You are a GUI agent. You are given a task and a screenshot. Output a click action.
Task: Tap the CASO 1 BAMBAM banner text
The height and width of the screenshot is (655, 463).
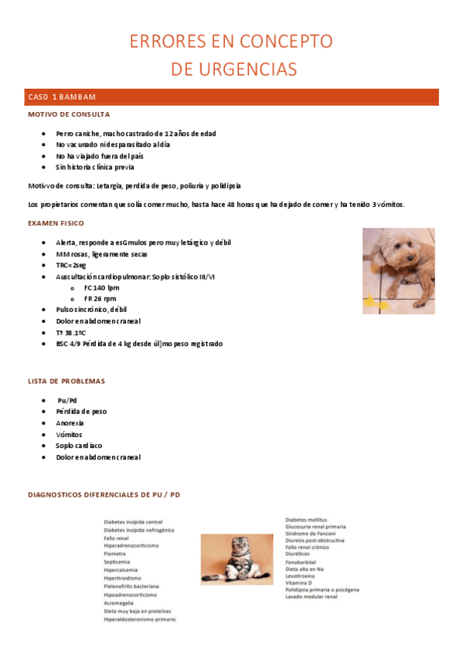62,97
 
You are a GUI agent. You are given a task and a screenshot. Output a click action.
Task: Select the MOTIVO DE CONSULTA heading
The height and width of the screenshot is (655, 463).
69,114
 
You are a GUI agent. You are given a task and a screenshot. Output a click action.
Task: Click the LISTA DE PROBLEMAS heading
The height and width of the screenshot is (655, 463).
66,382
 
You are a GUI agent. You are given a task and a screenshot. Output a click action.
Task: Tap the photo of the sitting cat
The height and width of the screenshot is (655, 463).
236,558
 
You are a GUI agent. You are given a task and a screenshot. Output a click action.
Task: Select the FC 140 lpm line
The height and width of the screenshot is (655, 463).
101,287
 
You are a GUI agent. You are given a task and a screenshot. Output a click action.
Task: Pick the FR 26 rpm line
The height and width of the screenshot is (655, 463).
100,298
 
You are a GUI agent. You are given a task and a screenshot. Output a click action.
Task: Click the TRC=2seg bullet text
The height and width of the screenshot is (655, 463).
71,265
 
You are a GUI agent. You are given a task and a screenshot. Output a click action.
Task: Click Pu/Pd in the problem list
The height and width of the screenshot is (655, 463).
67,401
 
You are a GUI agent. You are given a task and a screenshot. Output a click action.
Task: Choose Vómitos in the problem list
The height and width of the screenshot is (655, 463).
69,434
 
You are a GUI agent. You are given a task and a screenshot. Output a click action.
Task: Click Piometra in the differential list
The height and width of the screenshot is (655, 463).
118,554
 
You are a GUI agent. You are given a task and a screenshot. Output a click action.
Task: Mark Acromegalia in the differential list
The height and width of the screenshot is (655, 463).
121,603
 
